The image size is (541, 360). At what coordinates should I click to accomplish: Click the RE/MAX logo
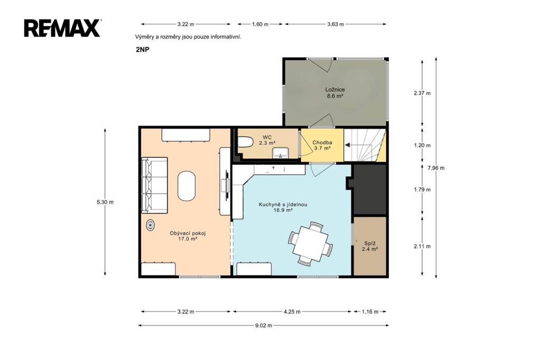pos(62,28)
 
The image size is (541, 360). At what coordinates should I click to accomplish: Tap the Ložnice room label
pos(335,90)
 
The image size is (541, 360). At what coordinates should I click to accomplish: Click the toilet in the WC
pos(245,142)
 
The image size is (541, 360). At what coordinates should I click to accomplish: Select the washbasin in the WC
pos(281,153)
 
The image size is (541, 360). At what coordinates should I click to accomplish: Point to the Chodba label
pos(322,143)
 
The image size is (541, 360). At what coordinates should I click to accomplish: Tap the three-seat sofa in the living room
pos(154,185)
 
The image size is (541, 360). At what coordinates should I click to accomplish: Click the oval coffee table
pos(186,186)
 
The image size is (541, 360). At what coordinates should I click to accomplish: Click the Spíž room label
pos(370,243)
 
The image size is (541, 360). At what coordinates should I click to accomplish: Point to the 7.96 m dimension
pos(436,168)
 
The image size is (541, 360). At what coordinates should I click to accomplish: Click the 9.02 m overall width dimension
pos(264,325)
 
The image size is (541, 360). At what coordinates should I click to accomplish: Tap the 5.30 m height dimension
pos(105,202)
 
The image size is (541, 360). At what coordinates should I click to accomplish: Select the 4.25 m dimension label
pos(292,312)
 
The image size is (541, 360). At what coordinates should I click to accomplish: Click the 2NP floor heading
pos(143,49)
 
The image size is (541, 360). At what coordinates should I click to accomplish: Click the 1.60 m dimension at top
pos(260,24)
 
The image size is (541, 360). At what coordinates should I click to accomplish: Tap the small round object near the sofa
pos(151,225)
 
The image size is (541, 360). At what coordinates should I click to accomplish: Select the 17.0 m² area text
pos(188,239)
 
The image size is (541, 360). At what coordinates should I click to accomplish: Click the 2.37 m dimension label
pos(422,93)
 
